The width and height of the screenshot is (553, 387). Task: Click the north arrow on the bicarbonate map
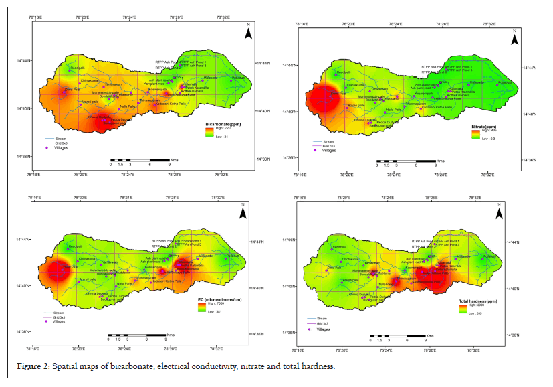tap(247, 30)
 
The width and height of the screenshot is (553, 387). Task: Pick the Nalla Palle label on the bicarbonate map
tap(127, 106)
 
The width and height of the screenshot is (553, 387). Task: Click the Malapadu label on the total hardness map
tap(463, 257)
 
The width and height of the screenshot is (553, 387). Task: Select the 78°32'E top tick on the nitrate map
tap(491, 24)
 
